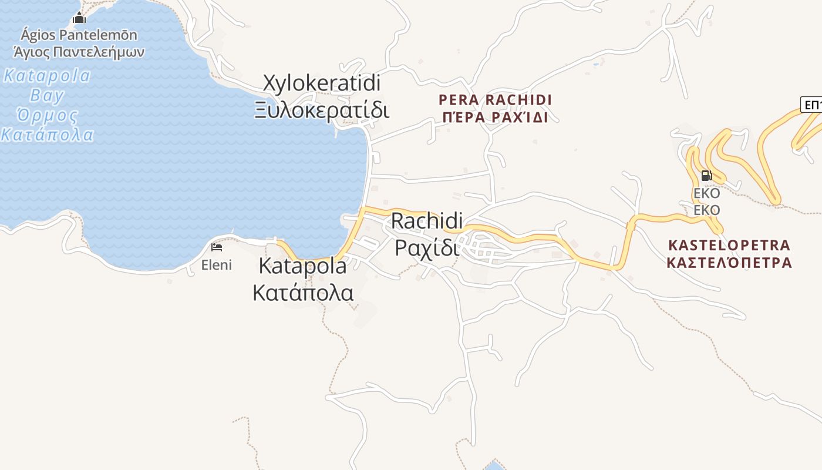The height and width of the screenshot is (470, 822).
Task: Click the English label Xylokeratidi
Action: click(x=322, y=84)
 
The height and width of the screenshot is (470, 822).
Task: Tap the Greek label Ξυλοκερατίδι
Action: click(x=322, y=110)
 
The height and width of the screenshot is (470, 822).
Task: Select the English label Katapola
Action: click(x=302, y=266)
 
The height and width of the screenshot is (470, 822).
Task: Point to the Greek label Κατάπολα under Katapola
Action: click(x=302, y=292)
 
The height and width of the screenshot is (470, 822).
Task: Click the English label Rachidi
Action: click(x=427, y=221)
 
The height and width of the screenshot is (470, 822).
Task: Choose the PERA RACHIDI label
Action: click(x=495, y=100)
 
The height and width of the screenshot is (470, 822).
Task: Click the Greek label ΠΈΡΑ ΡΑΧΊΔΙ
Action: click(x=495, y=117)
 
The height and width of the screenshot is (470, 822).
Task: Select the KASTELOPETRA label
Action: click(x=729, y=245)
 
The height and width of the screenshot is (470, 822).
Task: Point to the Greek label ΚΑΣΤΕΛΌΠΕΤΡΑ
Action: click(x=729, y=263)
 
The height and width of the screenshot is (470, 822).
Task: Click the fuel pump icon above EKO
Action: click(x=706, y=175)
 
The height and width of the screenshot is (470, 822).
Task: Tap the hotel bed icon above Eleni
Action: click(x=217, y=247)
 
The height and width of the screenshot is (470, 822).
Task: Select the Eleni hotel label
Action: click(x=217, y=265)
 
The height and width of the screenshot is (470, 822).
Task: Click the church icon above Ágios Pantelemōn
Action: click(x=79, y=18)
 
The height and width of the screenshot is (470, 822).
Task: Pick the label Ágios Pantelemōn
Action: click(x=79, y=35)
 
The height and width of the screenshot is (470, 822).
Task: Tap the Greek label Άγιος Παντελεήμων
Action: click(x=79, y=52)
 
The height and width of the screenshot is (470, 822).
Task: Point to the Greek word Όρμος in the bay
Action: click(x=47, y=115)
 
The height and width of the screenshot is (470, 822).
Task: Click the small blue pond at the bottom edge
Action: click(x=495, y=465)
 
